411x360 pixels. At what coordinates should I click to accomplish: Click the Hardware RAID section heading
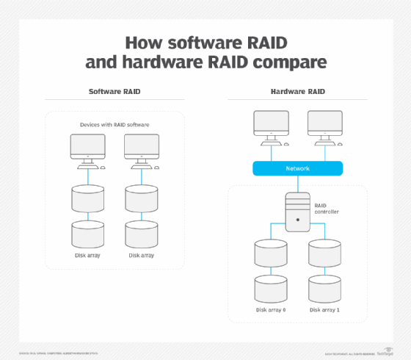(297, 92)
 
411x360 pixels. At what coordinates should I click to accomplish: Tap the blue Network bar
(297, 168)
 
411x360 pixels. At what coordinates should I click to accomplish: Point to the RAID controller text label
(326, 211)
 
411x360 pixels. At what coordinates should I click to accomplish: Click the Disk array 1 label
(324, 310)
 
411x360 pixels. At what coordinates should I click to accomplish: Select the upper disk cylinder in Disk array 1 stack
(324, 254)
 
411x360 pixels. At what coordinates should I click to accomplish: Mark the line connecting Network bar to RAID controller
(297, 184)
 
